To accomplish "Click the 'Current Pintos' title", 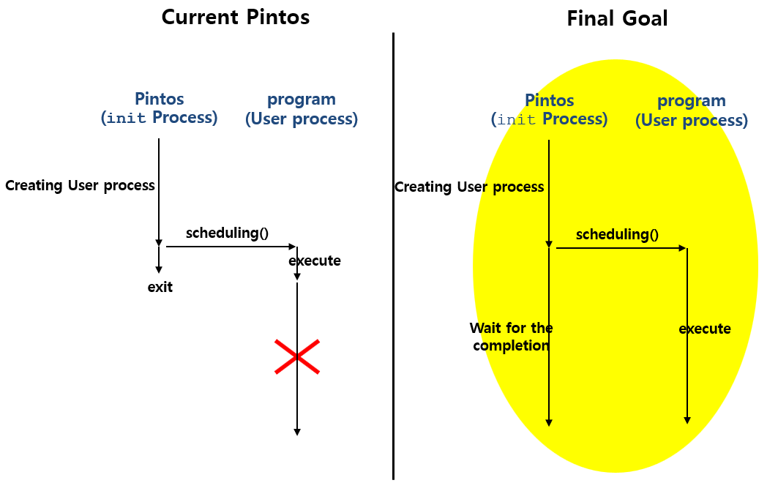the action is click(236, 17).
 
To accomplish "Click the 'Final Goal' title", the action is click(617, 18).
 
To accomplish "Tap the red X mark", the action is click(296, 356).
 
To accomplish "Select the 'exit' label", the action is click(160, 287).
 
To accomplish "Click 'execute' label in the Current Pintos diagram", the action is click(315, 261).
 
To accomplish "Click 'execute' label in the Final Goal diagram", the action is click(705, 329).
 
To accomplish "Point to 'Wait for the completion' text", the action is click(511, 337).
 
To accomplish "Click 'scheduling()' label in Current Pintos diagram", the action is click(227, 233).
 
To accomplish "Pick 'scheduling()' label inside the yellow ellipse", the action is click(617, 235).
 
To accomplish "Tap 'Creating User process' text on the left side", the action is click(80, 185).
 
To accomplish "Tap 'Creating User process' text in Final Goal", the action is click(469, 187).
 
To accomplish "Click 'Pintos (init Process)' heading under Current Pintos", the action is click(159, 108).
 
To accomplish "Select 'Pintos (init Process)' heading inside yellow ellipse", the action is click(549, 110).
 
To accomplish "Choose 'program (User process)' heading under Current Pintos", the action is click(302, 108).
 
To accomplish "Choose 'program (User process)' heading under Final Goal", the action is click(692, 110).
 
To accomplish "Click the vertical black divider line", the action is click(393, 256).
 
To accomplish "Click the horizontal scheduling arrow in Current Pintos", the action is click(231, 247).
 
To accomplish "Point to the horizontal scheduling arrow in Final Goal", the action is click(621, 248).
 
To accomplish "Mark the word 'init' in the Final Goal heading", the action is click(517, 120).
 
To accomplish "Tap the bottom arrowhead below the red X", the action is click(296, 431).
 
